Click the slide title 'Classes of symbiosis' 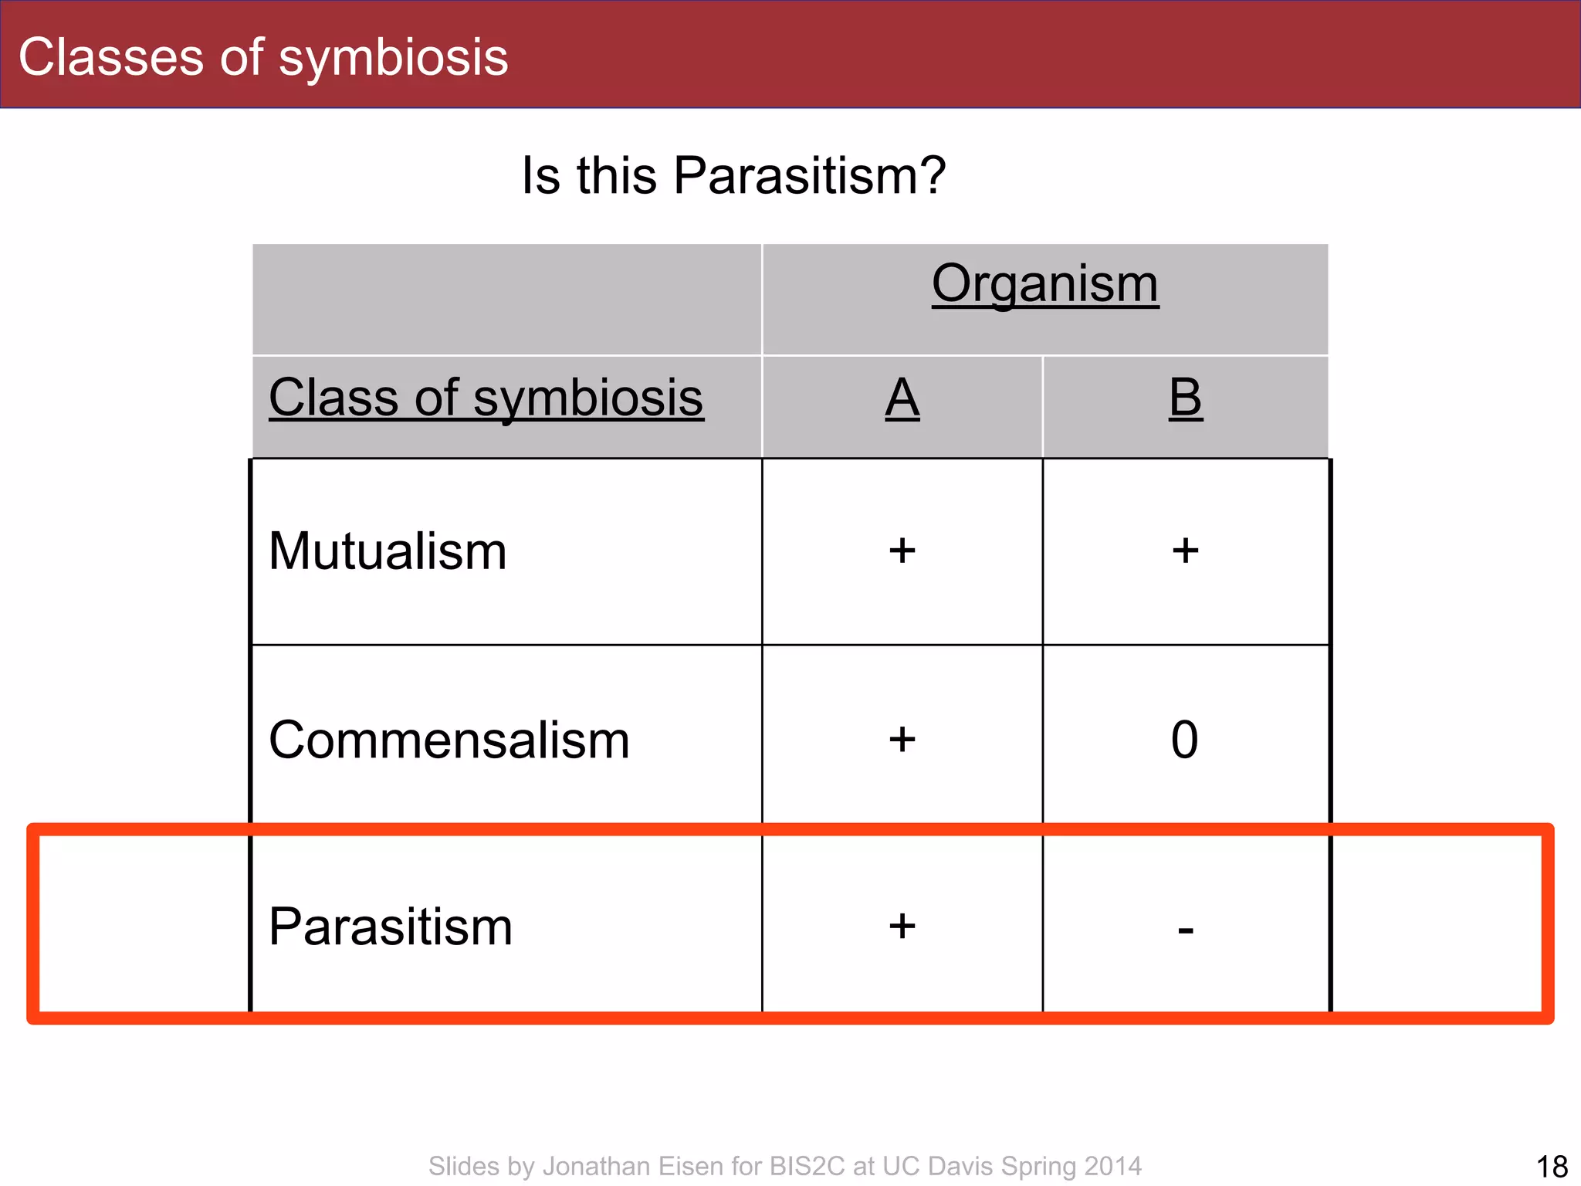click(x=263, y=58)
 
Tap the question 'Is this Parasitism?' click(x=733, y=176)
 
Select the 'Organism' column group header click(x=1044, y=284)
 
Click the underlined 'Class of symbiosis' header click(x=486, y=398)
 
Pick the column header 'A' click(x=902, y=398)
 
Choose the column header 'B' click(x=1185, y=398)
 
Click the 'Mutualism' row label click(x=388, y=552)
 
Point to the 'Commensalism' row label click(x=449, y=740)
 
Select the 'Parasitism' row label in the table click(x=390, y=927)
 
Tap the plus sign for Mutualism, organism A click(x=902, y=551)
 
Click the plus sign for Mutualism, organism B click(x=1185, y=551)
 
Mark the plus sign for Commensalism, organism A click(x=902, y=740)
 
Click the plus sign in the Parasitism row click(x=902, y=926)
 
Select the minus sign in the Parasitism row click(x=1186, y=930)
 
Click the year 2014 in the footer click(x=1112, y=1166)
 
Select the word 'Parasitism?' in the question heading click(x=809, y=176)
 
